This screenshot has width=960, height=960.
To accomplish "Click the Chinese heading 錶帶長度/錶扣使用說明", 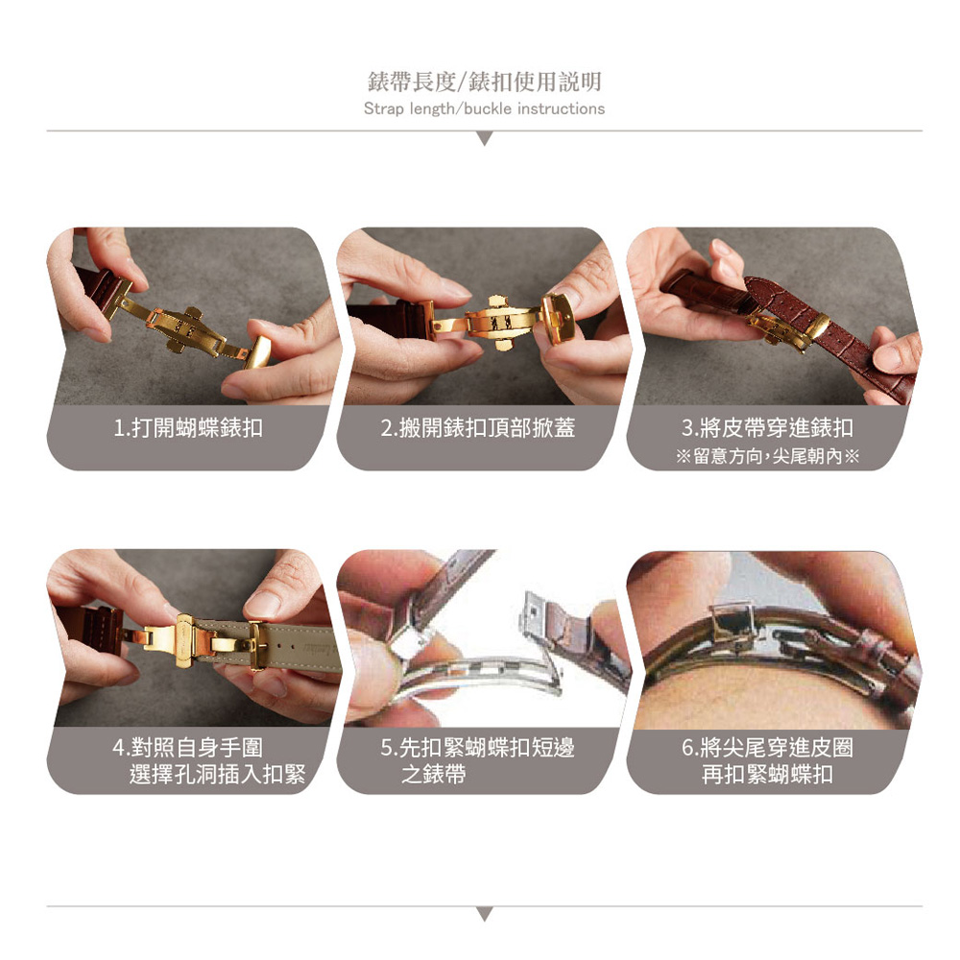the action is pos(484,82).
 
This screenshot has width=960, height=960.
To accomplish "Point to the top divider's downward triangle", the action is pos(484,139).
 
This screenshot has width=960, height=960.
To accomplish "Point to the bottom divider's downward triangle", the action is pos(484,914).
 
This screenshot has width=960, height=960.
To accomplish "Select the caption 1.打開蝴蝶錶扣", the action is pos(188,427).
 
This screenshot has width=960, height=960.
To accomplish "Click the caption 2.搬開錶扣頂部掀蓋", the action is pos(477,427).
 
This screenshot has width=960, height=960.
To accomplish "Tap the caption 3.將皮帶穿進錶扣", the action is pos(767,427).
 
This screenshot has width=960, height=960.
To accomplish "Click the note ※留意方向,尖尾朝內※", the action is pos(768,456).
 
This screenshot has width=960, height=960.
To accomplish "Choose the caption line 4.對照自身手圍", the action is pos(188,747).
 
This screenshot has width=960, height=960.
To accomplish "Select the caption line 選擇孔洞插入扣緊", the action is pos(217,774).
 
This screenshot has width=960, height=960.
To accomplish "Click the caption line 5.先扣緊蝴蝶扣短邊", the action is pos(477,747).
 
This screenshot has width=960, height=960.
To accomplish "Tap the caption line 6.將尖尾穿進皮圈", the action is pos(767,747).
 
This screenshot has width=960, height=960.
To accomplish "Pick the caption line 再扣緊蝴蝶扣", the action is pos(767,774).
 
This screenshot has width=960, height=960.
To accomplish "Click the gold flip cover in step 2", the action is pos(558,319).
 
